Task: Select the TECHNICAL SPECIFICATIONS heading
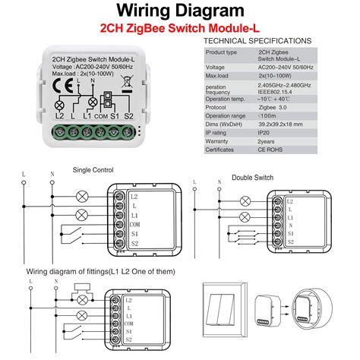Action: [257, 40]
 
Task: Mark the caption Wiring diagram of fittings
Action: [93, 270]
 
